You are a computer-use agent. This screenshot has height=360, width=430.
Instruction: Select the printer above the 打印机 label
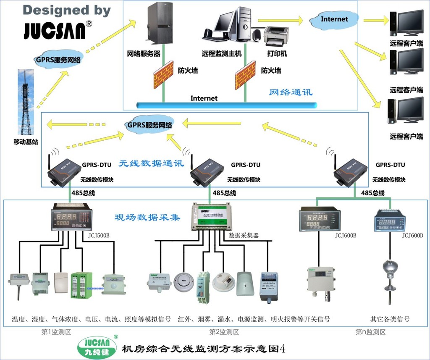(x=276, y=37)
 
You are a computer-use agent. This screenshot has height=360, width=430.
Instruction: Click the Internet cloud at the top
(x=334, y=19)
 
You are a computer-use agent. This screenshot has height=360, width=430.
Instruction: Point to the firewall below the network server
(x=163, y=75)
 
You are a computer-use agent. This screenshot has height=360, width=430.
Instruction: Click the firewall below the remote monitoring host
(x=245, y=75)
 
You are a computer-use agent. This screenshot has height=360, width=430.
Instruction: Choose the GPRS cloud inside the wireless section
(x=150, y=125)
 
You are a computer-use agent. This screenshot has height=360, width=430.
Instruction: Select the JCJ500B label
(x=99, y=234)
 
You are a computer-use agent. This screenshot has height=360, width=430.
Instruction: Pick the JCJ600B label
(x=346, y=235)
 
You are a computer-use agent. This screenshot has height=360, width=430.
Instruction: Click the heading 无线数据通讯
(x=151, y=163)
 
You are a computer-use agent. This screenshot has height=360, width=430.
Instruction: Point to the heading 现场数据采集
(x=147, y=218)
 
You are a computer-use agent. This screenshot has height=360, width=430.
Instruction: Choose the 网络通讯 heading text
(x=291, y=92)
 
